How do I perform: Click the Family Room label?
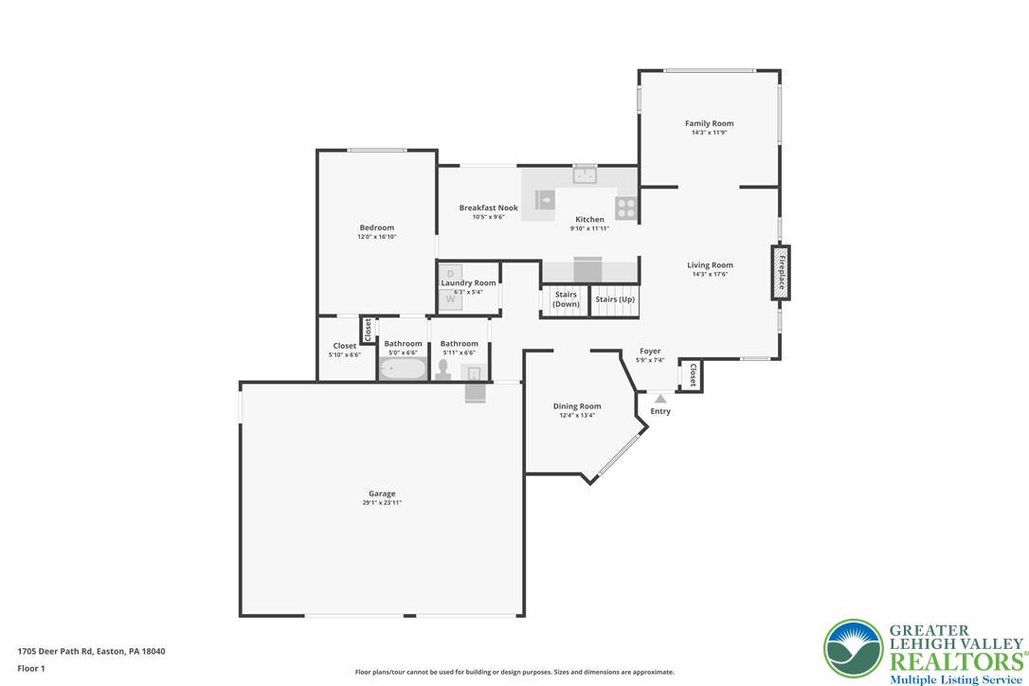pyautogui.click(x=709, y=123)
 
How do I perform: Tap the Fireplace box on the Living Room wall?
pyautogui.click(x=781, y=273)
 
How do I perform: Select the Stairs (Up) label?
pyautogui.click(x=615, y=299)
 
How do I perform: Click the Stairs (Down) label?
pyautogui.click(x=566, y=299)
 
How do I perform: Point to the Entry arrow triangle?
pyautogui.click(x=660, y=399)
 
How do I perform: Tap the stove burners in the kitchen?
pyautogui.click(x=626, y=208)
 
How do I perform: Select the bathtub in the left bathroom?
pyautogui.click(x=403, y=369)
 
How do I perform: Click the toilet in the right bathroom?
pyautogui.click(x=442, y=369)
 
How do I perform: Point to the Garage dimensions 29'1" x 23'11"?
pyautogui.click(x=382, y=503)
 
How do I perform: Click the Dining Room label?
pyautogui.click(x=577, y=406)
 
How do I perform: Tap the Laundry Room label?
pyautogui.click(x=468, y=282)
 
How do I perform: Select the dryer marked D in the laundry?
pyautogui.click(x=451, y=274)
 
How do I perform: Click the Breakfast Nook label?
pyautogui.click(x=488, y=208)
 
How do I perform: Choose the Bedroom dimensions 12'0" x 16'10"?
pyautogui.click(x=376, y=237)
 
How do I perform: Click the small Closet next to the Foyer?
pyautogui.click(x=693, y=376)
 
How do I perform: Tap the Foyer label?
pyautogui.click(x=650, y=351)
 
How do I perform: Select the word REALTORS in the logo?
pyautogui.click(x=954, y=661)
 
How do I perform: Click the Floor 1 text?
pyautogui.click(x=31, y=668)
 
